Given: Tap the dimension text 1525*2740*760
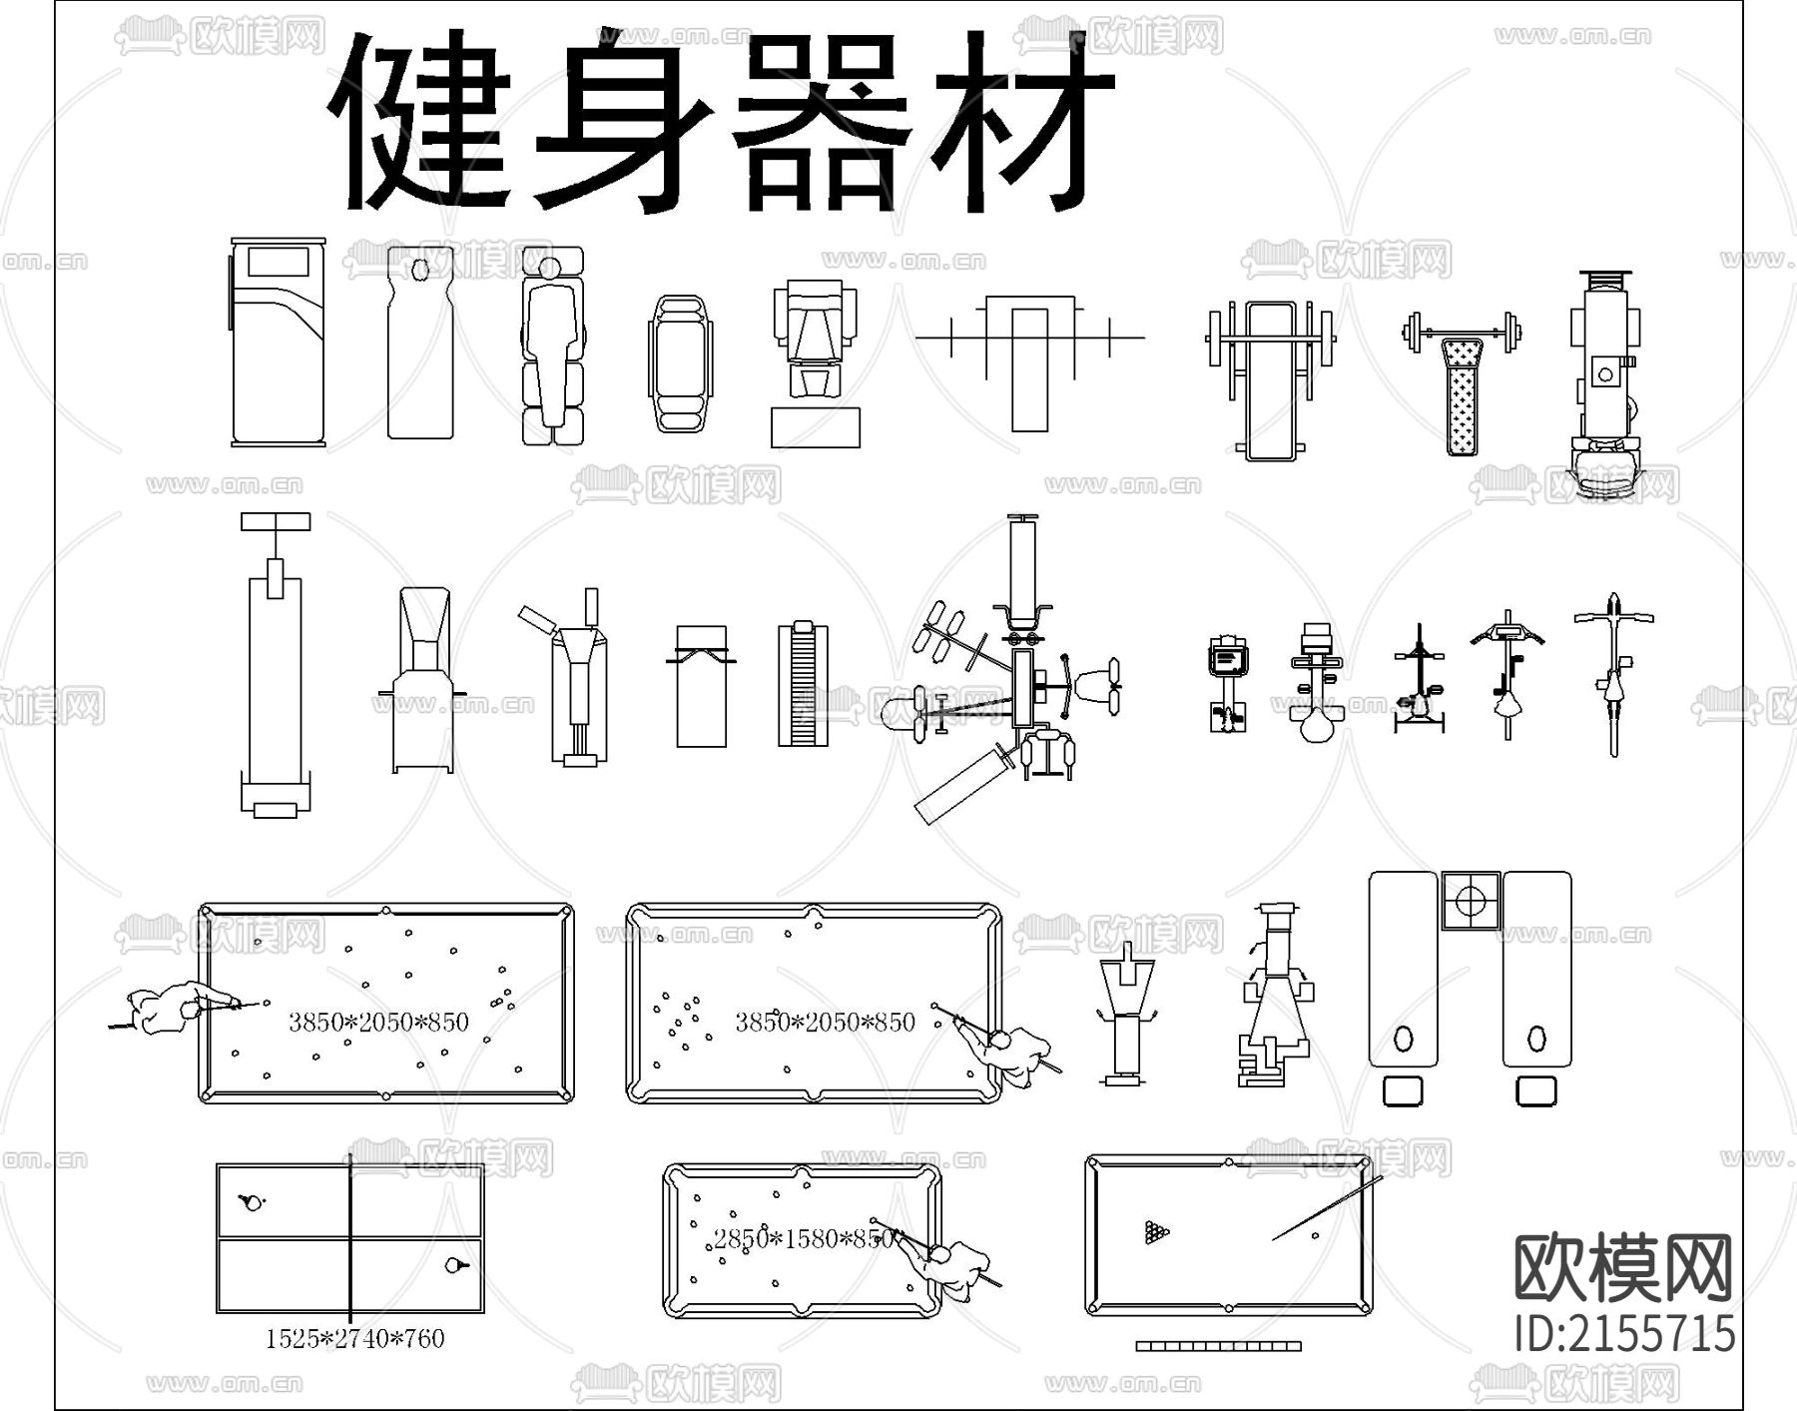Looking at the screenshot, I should (354, 1339).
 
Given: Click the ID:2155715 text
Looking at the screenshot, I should (1624, 1334).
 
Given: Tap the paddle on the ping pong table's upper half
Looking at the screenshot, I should (252, 1202).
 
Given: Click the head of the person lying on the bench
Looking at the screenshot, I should (548, 267).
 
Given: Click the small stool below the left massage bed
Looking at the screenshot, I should (1403, 1090).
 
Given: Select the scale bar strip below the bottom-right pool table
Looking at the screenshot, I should (1218, 1346).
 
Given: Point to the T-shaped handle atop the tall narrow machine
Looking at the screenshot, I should (276, 521).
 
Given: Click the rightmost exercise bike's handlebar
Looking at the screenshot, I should (1613, 615).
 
